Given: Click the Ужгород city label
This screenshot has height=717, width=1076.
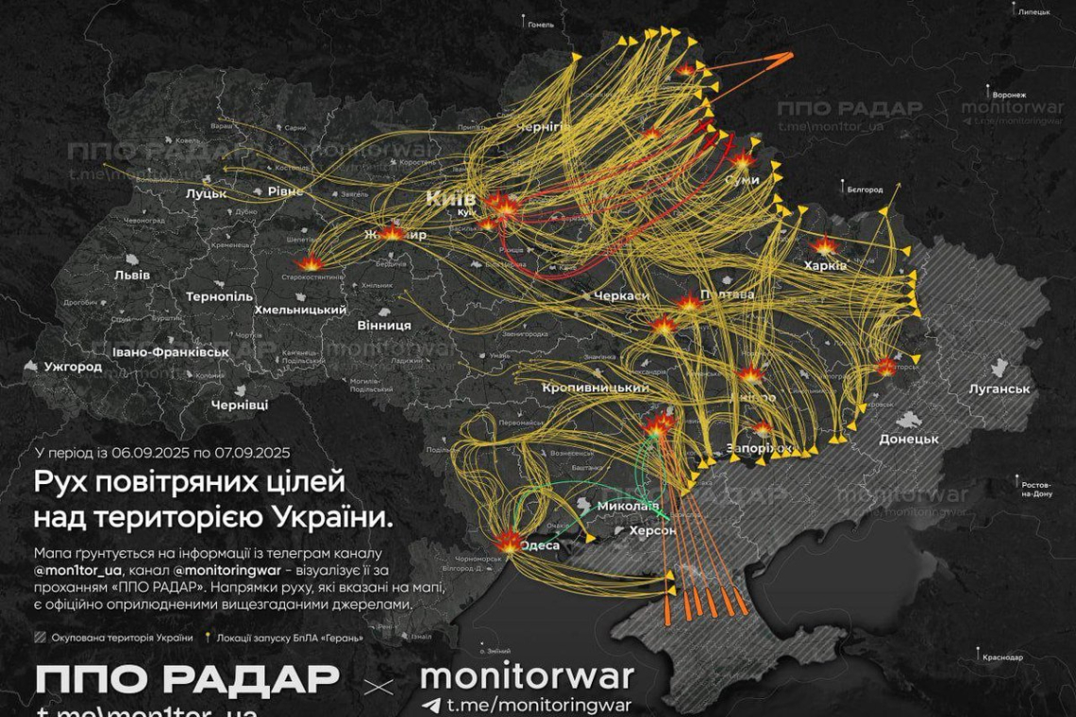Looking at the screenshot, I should (73, 366).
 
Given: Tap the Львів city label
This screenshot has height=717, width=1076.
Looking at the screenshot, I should (131, 275).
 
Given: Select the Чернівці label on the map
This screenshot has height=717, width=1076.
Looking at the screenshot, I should (240, 404).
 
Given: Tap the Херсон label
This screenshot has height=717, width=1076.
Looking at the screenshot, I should (650, 531).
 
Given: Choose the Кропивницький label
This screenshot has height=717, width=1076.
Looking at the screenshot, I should (596, 388).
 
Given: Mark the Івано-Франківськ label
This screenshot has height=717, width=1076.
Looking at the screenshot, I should (170, 352).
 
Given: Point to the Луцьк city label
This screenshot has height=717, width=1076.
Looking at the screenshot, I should (206, 193).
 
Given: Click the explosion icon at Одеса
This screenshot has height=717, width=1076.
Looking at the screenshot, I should (508, 542).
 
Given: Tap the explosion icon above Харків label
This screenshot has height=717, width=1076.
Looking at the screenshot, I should (826, 246).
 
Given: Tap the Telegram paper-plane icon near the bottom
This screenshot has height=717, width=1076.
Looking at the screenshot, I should (431, 705).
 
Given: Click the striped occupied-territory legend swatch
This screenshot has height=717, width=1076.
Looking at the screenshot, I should (40, 638).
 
